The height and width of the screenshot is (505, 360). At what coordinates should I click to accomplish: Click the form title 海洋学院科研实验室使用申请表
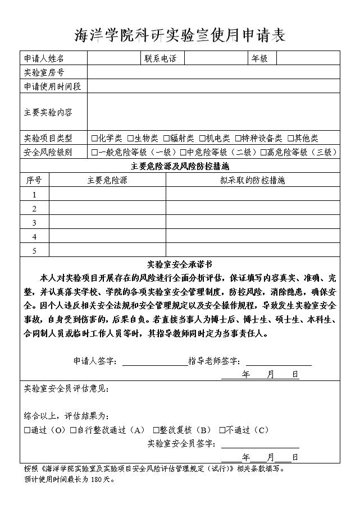click(180, 35)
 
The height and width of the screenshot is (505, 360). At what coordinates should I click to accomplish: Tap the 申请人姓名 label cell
click(44, 58)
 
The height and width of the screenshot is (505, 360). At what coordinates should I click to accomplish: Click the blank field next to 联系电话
click(216, 58)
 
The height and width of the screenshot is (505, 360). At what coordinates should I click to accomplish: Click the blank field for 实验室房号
click(213, 72)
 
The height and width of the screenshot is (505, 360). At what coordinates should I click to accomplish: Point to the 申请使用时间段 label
click(52, 86)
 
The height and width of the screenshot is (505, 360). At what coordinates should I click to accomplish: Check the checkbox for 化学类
click(94, 138)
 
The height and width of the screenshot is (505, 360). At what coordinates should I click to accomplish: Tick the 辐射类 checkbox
click(167, 138)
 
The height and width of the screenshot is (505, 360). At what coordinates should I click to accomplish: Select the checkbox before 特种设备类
click(238, 138)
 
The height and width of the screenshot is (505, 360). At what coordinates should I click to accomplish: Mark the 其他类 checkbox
click(291, 138)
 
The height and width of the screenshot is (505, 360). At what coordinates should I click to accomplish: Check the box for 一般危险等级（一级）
click(94, 152)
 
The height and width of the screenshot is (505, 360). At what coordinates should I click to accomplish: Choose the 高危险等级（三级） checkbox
click(263, 152)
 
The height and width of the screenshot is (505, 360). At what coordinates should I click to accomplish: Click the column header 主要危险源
click(107, 180)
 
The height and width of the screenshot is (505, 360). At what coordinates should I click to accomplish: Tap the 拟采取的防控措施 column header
click(253, 180)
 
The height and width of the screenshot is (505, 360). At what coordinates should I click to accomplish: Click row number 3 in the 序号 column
click(34, 223)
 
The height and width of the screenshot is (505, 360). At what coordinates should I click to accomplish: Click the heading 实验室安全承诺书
click(180, 264)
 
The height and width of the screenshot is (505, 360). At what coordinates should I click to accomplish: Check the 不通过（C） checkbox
click(222, 430)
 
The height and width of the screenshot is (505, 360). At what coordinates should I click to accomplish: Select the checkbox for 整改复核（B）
click(156, 430)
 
